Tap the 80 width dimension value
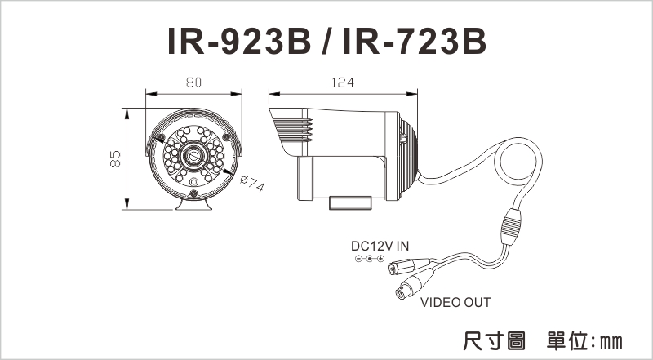pos(193,82)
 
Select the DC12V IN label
pos(380,245)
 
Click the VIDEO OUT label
pos(455,303)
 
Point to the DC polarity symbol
pos(370,259)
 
